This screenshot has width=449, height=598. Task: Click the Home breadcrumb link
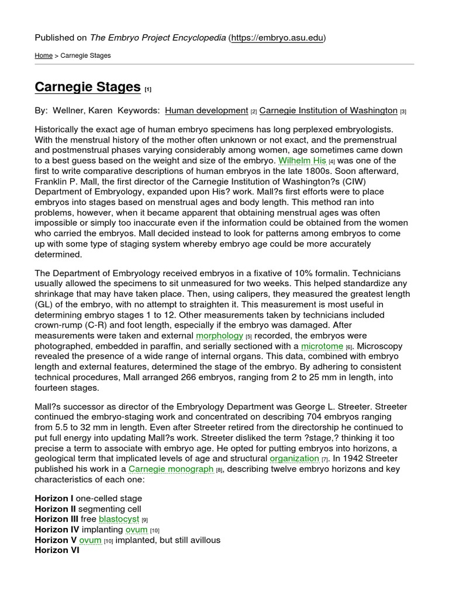click(x=43, y=55)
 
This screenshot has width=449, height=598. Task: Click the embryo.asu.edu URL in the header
click(x=277, y=38)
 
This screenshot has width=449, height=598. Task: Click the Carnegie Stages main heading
click(x=88, y=87)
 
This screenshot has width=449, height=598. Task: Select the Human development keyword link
click(x=206, y=110)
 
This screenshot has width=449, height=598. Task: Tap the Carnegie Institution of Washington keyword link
click(x=328, y=110)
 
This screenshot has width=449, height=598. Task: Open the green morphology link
click(x=219, y=335)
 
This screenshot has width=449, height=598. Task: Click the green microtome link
click(x=322, y=346)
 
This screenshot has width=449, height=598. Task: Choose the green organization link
click(x=294, y=458)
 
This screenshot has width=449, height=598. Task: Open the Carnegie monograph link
click(x=171, y=469)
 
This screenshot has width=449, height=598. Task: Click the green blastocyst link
click(x=119, y=519)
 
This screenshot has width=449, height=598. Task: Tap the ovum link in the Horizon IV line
click(x=136, y=529)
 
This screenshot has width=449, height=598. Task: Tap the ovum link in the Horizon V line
click(x=91, y=540)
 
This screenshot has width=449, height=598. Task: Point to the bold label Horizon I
click(x=54, y=498)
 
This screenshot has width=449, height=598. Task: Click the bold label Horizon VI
click(x=56, y=550)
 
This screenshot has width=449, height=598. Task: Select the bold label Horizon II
click(x=55, y=509)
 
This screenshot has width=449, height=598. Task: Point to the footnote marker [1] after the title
click(x=148, y=89)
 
